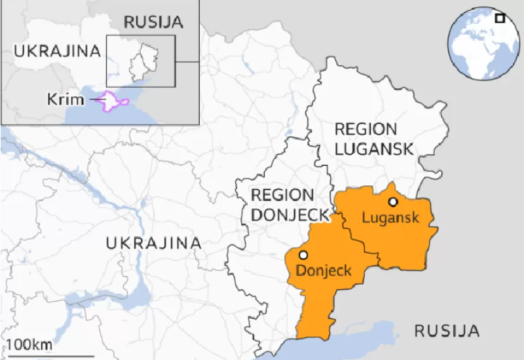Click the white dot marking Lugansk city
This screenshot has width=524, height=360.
coord(393,202)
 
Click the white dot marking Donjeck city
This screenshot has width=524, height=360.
coord(303,255)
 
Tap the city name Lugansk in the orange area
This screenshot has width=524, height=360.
coord(390,217)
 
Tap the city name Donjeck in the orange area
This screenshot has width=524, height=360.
coord(324,270)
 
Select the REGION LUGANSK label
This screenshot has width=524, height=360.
coord(374,138)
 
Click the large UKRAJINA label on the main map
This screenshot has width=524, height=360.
coord(153,243)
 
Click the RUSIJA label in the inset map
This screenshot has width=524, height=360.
coord(153,22)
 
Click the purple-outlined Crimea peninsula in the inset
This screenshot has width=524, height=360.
coord(113,102)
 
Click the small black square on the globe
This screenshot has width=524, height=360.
coord(500,18)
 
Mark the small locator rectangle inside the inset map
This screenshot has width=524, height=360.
coord(140,61)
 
